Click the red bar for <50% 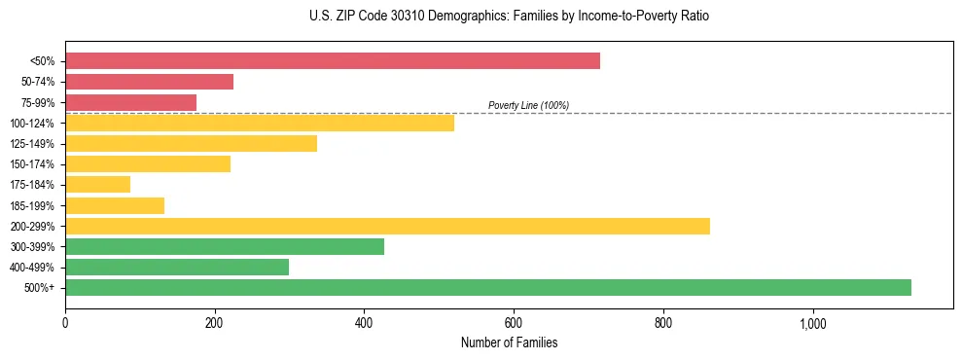click(333, 61)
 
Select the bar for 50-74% click(149, 82)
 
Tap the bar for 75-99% click(130, 102)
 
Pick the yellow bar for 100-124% click(260, 123)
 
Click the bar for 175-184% click(97, 184)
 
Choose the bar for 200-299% click(387, 226)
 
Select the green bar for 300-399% click(225, 246)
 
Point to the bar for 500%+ click(488, 287)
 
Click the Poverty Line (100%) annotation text click(528, 105)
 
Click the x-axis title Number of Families click(509, 342)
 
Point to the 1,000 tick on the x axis click(812, 323)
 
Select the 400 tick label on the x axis click(364, 323)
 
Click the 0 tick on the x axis click(65, 323)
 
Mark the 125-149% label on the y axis click(32, 144)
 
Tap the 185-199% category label click(32, 205)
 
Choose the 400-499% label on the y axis click(32, 268)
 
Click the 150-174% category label click(32, 164)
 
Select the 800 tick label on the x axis click(662, 323)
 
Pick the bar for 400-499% click(177, 267)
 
